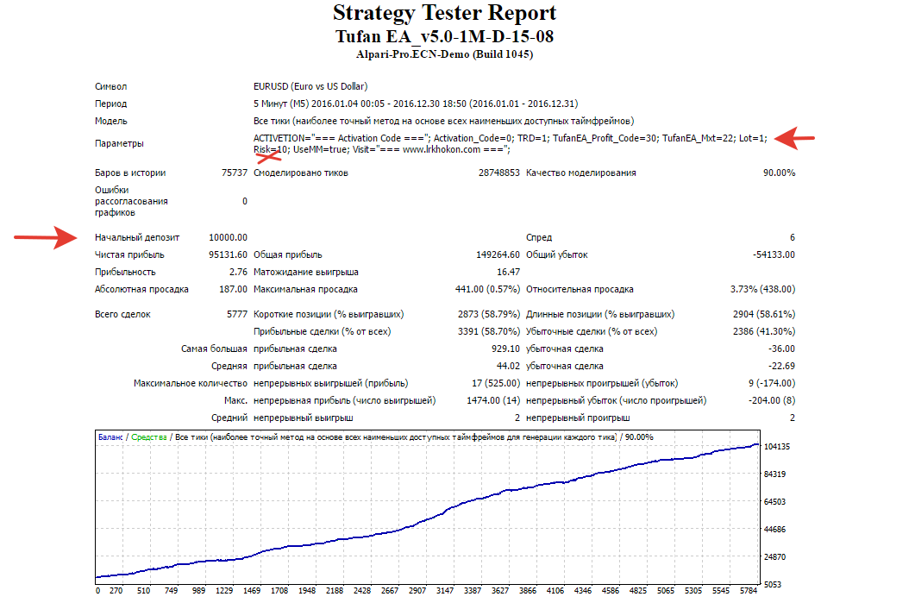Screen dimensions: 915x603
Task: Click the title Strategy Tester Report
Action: [445, 13]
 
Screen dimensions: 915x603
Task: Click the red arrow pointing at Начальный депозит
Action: [46, 237]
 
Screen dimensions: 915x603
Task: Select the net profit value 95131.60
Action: [228, 254]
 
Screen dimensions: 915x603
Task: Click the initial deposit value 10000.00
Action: [228, 237]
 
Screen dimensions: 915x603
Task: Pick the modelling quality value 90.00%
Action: [779, 173]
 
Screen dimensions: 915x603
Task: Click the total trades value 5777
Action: [237, 314]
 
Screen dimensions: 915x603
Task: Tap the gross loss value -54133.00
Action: [774, 254]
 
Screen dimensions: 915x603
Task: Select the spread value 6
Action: [793, 237]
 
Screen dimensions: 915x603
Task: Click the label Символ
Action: [111, 86]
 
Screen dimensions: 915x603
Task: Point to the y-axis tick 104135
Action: [777, 447]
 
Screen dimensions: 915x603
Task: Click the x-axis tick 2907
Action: [417, 591]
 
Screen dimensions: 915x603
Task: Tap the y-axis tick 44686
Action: [775, 530]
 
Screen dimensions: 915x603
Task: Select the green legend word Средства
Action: [149, 437]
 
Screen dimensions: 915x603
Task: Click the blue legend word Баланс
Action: [110, 437]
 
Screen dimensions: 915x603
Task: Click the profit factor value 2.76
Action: [238, 272]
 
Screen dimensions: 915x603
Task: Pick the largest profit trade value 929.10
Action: [505, 349]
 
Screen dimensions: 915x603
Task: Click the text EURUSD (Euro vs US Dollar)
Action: [310, 86]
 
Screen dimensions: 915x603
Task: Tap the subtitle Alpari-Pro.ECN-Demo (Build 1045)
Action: [445, 54]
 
